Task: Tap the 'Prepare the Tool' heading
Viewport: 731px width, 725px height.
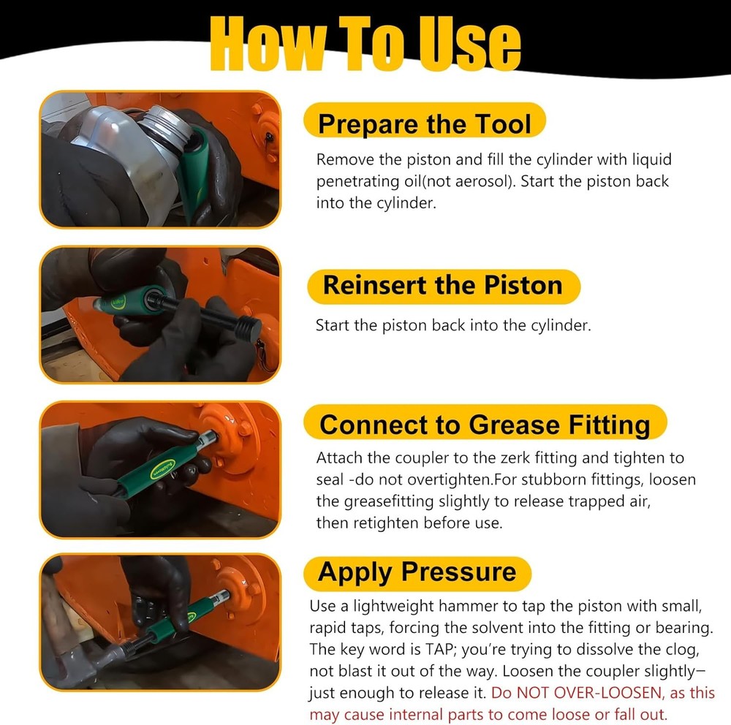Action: click(425, 124)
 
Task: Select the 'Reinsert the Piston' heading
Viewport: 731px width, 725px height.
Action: click(442, 285)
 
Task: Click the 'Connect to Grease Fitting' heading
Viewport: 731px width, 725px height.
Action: click(485, 424)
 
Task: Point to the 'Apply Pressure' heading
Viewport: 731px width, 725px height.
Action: click(417, 572)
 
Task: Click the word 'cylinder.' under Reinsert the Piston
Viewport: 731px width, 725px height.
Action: click(561, 325)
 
